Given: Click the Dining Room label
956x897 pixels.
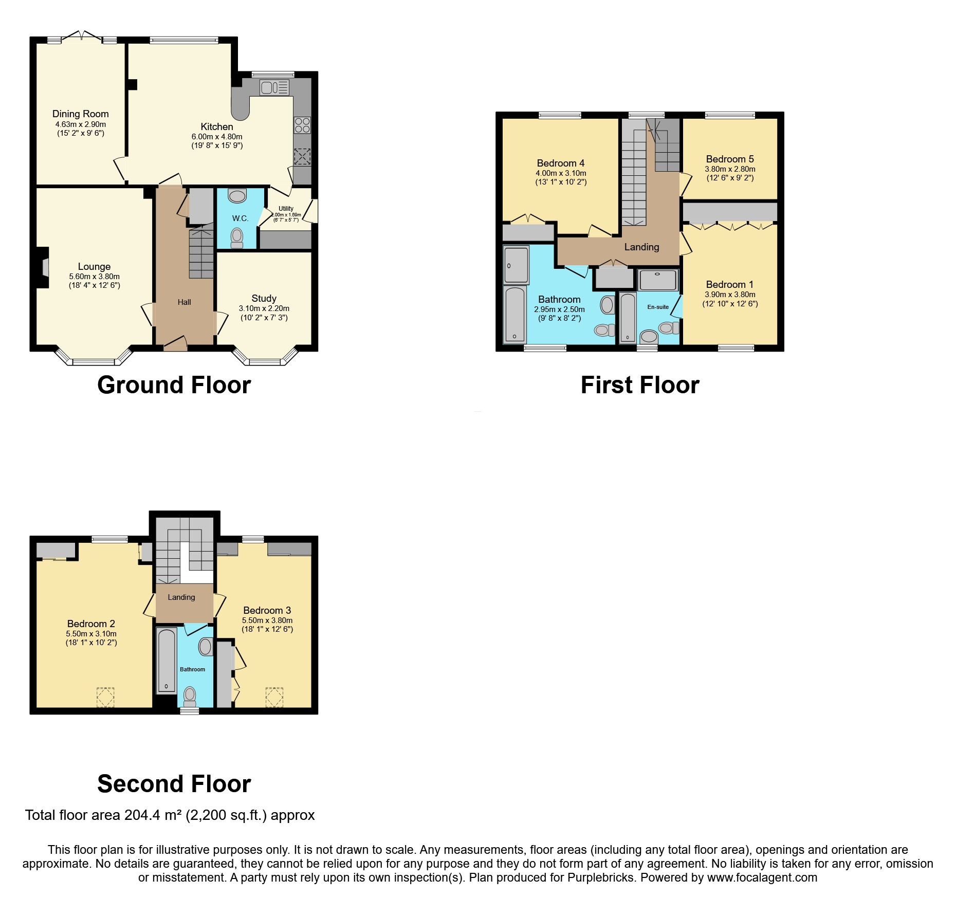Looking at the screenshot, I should tap(81, 114).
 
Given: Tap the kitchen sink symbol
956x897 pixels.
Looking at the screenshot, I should tap(274, 87).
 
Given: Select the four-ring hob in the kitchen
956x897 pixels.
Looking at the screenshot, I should tap(302, 125).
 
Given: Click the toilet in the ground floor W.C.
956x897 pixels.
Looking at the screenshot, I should tap(237, 237).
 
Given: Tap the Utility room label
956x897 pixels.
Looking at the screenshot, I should tap(286, 209).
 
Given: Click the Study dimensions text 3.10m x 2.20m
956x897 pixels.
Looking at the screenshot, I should tap(264, 308).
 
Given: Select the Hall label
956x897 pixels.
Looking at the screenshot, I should tap(184, 302).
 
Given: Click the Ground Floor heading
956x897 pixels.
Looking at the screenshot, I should tap(174, 385).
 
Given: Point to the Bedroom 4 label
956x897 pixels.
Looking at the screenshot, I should tap(560, 163).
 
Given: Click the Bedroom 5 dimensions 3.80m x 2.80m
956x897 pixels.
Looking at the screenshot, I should tap(730, 169).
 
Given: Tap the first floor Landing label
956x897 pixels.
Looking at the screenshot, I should tap(641, 247).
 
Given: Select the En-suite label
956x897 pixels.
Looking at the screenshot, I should tap(658, 307).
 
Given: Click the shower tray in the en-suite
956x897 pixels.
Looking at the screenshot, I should tap(658, 280).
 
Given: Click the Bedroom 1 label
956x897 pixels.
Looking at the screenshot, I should tap(729, 284).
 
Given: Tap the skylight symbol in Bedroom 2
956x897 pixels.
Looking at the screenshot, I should tap(105, 697).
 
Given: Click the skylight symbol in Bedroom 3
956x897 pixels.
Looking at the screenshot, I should tap(274, 697).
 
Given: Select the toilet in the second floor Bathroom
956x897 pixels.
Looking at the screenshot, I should tap(190, 696).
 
